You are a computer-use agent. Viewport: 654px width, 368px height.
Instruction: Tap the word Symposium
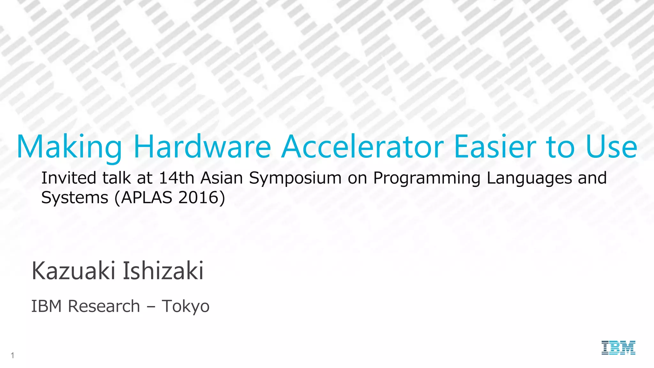pyautogui.click(x=295, y=178)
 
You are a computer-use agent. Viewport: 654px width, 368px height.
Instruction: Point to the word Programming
pyautogui.click(x=427, y=178)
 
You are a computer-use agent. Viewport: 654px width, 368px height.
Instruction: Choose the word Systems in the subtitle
pyautogui.click(x=75, y=197)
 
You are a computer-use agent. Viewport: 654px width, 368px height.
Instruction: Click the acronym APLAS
pyautogui.click(x=147, y=197)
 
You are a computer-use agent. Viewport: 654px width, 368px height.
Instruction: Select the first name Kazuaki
pyautogui.click(x=73, y=271)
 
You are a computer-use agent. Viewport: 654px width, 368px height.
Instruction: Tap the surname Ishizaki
pyautogui.click(x=163, y=271)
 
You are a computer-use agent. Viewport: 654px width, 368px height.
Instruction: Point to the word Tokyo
pyautogui.click(x=186, y=307)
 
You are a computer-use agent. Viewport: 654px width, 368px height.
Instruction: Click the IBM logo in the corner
pyautogui.click(x=618, y=348)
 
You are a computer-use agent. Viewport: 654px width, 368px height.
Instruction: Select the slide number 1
pyautogui.click(x=12, y=355)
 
